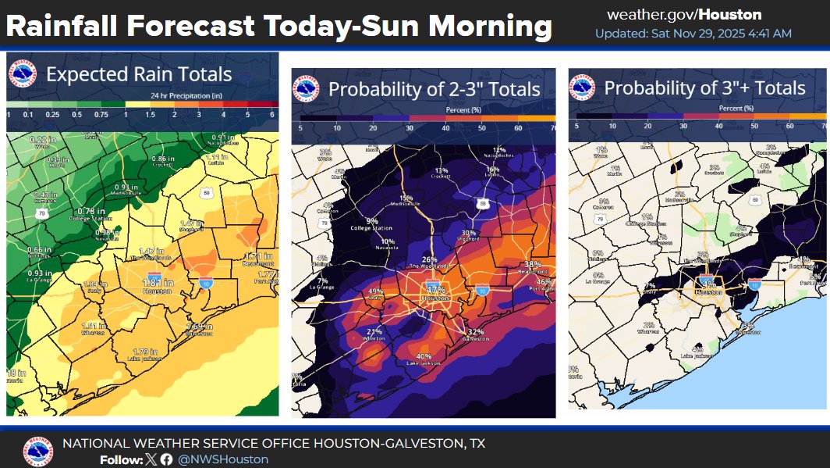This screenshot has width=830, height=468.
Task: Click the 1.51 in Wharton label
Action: [x=93, y=327]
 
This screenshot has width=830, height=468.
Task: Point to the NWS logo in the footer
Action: [x=38, y=451]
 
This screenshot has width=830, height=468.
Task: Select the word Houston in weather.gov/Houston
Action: [x=731, y=15]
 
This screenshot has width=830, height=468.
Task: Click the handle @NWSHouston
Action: [x=223, y=459]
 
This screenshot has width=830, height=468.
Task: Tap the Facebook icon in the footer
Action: [x=166, y=459]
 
